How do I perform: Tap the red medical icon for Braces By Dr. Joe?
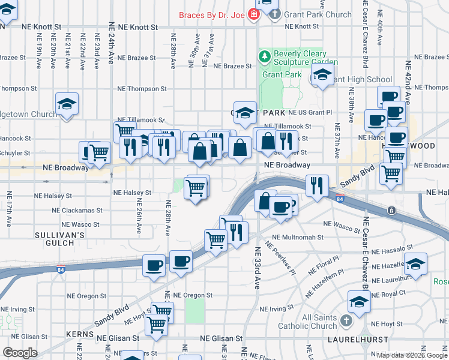pyautogui.click(x=255, y=14)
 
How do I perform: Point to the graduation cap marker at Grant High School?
pyautogui.click(x=322, y=76)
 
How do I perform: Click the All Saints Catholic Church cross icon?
pyautogui.click(x=346, y=321)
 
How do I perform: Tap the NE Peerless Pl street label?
pyautogui.click(x=280, y=259)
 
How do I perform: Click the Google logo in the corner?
pyautogui.click(x=20, y=353)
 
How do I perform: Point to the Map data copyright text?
pyautogui.click(x=412, y=355)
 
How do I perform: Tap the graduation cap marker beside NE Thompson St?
pyautogui.click(x=67, y=103)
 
